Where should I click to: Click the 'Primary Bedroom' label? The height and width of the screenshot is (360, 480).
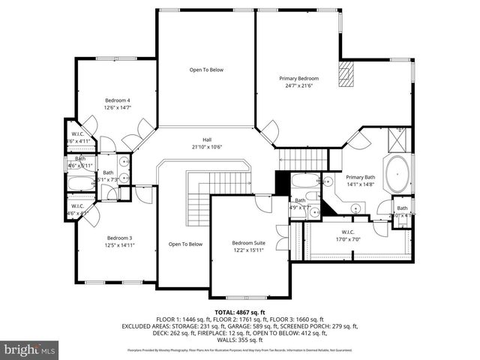point(298,78)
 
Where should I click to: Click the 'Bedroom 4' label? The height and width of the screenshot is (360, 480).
point(118,100)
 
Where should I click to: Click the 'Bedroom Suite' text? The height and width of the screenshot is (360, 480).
point(248,243)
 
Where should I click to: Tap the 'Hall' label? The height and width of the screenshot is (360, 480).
point(206,139)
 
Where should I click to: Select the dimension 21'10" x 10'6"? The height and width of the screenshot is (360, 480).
point(206,147)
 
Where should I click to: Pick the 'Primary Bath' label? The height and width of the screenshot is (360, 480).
point(360,177)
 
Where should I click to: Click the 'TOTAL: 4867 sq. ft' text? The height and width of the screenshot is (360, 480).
point(240,311)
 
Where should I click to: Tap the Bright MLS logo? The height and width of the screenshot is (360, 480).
point(30,349)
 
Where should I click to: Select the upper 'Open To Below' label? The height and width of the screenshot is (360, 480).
point(206,70)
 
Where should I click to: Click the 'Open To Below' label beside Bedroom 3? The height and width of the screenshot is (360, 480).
point(185,244)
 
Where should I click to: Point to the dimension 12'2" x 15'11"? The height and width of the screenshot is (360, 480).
point(248,250)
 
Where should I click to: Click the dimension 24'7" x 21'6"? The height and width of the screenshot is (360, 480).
point(298,85)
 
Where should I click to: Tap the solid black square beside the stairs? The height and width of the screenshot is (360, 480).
point(282,182)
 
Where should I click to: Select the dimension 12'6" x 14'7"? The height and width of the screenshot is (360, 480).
point(118,108)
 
